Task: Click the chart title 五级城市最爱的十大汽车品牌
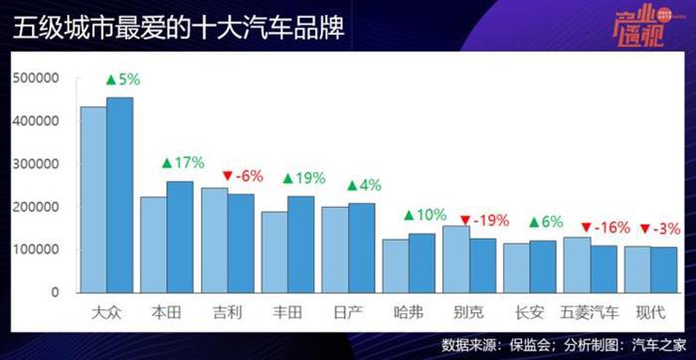coord(178,28)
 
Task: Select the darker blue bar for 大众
coord(119,195)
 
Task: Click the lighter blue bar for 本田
coord(153,245)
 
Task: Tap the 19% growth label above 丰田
coord(309,178)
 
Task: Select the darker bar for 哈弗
coord(422,263)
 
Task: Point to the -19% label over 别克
coord(486,219)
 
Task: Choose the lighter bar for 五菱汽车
coord(577,265)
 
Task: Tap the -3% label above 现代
coord(658,228)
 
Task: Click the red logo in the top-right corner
coord(647,27)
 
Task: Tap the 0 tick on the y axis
coord(56,292)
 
